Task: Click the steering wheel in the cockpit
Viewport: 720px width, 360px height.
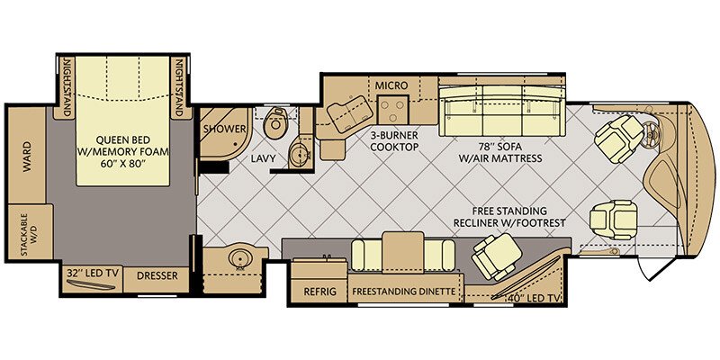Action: (x=653, y=133)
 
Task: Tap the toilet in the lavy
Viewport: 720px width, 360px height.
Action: (x=276, y=122)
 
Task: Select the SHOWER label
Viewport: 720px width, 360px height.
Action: (x=225, y=129)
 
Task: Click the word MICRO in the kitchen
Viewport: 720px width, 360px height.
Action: (x=391, y=85)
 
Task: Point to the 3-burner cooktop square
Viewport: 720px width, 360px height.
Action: (x=392, y=110)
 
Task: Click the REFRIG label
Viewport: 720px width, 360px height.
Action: (x=319, y=292)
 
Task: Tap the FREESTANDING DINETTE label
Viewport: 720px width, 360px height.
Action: (x=403, y=292)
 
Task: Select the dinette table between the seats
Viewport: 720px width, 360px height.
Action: (x=402, y=252)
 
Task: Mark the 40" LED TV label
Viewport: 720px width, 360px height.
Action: (x=534, y=299)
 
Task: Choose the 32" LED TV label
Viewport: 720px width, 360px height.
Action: (x=92, y=274)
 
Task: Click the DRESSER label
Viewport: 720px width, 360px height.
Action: (x=157, y=276)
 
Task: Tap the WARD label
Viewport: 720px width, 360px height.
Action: (x=28, y=157)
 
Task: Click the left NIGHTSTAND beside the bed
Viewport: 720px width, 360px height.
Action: (x=65, y=87)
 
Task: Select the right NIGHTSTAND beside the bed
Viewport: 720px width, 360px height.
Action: (x=180, y=87)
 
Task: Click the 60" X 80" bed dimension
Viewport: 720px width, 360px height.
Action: (x=122, y=164)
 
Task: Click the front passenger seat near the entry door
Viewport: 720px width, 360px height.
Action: (x=614, y=220)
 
